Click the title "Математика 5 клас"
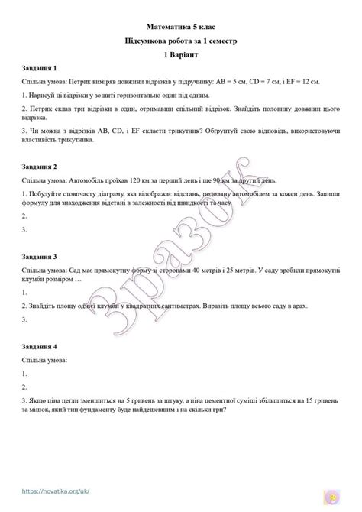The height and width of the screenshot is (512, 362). [181, 27]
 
